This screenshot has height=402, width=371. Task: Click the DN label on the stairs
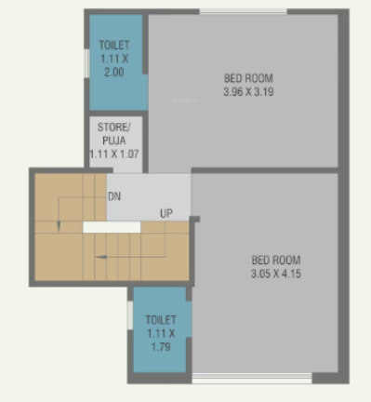coord(114,196)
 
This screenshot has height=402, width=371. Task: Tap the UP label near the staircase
coord(166,214)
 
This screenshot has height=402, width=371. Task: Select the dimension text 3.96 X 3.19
coord(248,92)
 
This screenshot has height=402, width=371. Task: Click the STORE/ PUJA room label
coord(115,133)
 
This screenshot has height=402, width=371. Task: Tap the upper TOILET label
coord(115,44)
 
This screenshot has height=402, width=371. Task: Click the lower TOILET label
coord(160,320)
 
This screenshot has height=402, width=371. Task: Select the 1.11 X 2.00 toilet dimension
coord(115,64)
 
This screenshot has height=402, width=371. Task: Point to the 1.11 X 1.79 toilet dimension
coord(160,340)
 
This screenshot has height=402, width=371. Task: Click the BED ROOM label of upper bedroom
coord(248,78)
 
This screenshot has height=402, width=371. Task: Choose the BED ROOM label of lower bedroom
coord(276,260)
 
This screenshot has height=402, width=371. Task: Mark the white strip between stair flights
coord(111,226)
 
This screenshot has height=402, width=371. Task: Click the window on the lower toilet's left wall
coord(129,315)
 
